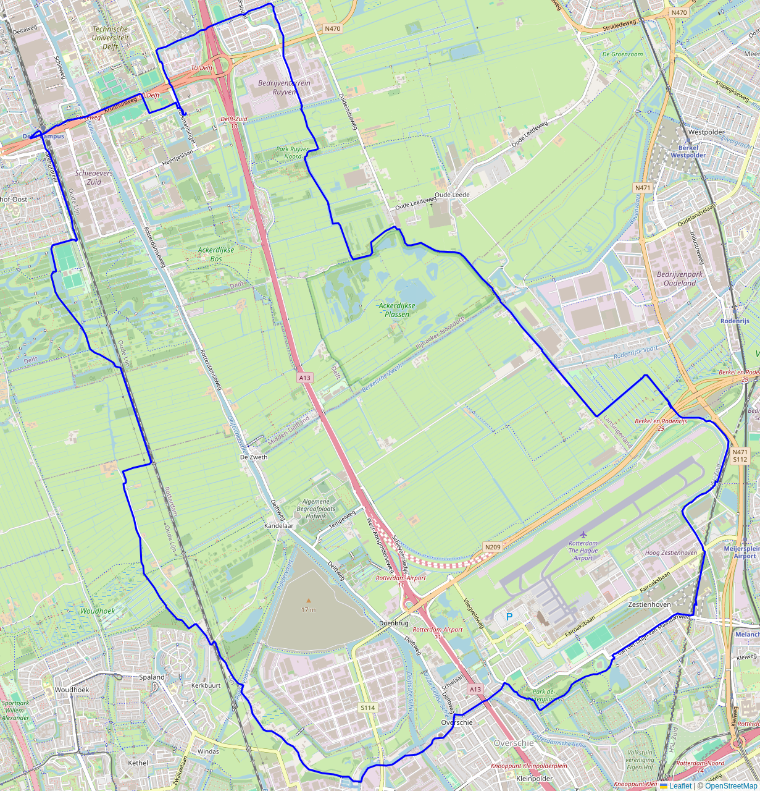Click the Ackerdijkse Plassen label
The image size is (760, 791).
pyautogui.click(x=397, y=310)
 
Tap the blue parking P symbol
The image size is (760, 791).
pyautogui.click(x=509, y=616)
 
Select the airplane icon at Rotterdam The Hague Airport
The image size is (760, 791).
pyautogui.click(x=583, y=533)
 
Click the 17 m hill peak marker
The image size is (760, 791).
pyautogui.click(x=309, y=600)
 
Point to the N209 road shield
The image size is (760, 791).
pyautogui.click(x=492, y=547)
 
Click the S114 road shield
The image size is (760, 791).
pyautogui.click(x=368, y=707)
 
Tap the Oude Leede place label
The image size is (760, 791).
pyautogui.click(x=452, y=195)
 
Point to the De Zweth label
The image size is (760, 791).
pyautogui.click(x=253, y=457)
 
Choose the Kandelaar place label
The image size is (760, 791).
pyautogui.click(x=278, y=525)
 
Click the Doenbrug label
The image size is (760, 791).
pyautogui.click(x=393, y=624)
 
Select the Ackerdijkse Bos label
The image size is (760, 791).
pyautogui.click(x=215, y=254)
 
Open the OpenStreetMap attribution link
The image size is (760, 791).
pyautogui.click(x=732, y=785)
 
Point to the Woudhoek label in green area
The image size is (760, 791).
pyautogui.click(x=98, y=611)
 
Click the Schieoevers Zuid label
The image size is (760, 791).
pyautogui.click(x=94, y=178)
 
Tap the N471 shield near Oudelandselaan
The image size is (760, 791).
pyautogui.click(x=642, y=187)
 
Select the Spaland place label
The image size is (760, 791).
pyautogui.click(x=151, y=677)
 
